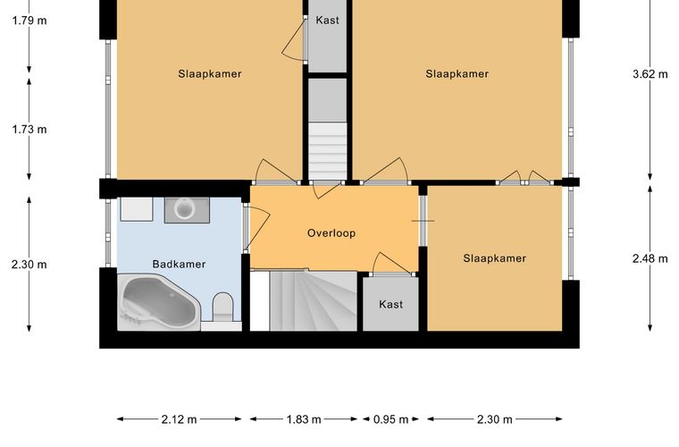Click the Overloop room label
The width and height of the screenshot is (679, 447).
(x=331, y=233)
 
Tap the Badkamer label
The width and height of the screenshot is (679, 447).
(x=179, y=264)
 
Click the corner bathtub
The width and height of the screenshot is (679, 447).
(x=158, y=302)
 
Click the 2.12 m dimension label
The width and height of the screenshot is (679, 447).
(x=179, y=419)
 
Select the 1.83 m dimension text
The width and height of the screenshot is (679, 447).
(x=304, y=419)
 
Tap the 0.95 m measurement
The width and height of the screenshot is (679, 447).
(x=391, y=419)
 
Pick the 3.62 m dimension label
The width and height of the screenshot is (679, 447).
(x=650, y=74)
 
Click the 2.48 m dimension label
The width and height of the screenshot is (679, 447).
(x=650, y=258)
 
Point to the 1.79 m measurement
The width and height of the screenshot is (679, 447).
(x=29, y=21)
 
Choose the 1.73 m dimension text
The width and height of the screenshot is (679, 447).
(x=29, y=129)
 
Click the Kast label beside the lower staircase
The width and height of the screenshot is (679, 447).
(x=390, y=304)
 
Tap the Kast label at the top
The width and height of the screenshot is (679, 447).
(x=327, y=20)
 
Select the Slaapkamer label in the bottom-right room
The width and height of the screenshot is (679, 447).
(x=495, y=258)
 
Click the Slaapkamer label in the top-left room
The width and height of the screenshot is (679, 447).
(x=210, y=73)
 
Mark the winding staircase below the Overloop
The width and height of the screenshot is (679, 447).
(x=313, y=300)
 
